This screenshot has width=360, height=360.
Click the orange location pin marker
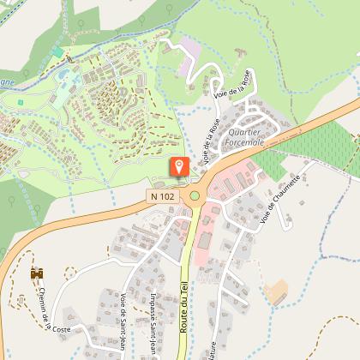tap(179, 166)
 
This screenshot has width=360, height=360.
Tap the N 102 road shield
tap(161, 196)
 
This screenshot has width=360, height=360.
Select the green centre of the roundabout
tap(195, 195)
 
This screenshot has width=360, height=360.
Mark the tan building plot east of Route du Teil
tap(277, 292)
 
